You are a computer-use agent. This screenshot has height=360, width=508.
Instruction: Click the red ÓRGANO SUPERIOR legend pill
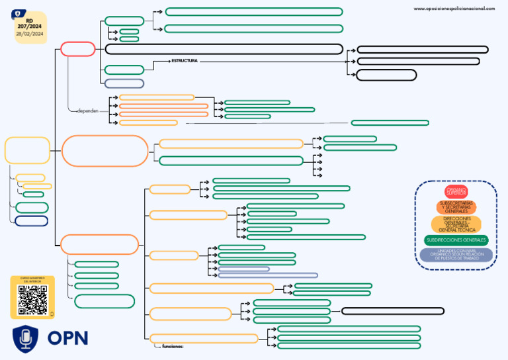click(x=456, y=192)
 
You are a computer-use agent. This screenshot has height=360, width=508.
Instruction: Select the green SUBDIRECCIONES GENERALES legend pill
click(x=456, y=240)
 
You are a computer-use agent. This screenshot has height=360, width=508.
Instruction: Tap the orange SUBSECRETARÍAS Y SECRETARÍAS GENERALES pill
click(x=456, y=206)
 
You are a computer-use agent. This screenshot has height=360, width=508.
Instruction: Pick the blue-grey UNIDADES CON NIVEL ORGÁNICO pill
click(x=456, y=255)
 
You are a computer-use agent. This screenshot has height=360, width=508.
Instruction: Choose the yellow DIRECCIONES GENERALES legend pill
click(x=456, y=224)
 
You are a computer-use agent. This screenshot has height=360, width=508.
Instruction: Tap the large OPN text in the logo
click(x=67, y=338)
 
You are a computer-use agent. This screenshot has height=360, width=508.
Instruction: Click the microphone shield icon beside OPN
click(x=25, y=338)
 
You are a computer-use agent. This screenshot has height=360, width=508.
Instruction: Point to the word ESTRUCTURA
click(x=185, y=61)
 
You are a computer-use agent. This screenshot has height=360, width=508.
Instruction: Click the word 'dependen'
click(x=87, y=111)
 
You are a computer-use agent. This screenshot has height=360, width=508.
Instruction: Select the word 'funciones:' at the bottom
click(x=173, y=346)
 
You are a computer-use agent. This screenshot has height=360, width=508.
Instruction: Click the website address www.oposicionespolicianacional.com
click(x=454, y=9)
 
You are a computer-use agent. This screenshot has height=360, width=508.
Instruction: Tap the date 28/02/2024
click(x=29, y=34)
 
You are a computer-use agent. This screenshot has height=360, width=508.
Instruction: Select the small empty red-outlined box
click(x=78, y=49)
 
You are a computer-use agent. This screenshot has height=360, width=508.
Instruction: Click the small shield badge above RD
click(x=17, y=13)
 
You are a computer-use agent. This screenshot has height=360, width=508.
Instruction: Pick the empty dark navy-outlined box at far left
click(x=31, y=221)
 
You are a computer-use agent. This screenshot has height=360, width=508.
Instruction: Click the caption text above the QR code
click(x=30, y=279)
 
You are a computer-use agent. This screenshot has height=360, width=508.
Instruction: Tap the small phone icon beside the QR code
click(x=51, y=313)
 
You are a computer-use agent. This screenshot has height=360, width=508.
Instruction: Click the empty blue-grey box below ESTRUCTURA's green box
click(x=124, y=83)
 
